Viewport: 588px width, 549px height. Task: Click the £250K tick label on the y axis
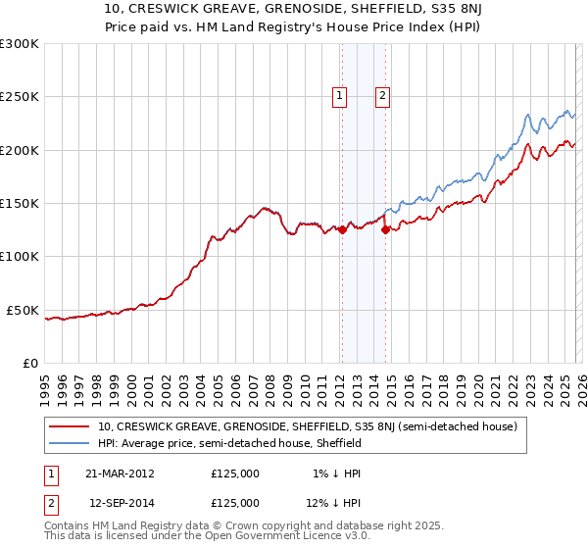[19, 97]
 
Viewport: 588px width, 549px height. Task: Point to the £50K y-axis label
[23, 310]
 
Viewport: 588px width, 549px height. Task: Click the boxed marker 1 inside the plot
[339, 95]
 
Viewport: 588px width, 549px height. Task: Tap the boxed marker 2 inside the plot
[381, 95]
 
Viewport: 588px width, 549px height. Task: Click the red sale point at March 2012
[342, 230]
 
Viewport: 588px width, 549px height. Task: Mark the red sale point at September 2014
[385, 230]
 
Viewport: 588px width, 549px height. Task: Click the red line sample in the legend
[70, 427]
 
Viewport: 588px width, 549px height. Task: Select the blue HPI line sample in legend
[70, 443]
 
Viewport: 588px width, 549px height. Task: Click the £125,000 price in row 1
[235, 474]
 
